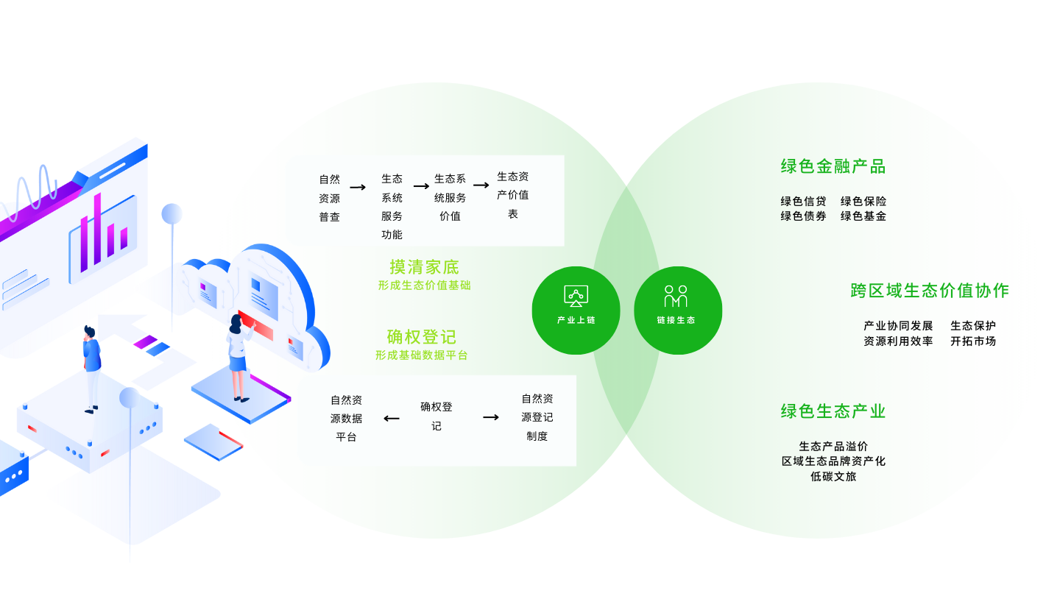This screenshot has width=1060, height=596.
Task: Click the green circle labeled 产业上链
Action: [576, 311]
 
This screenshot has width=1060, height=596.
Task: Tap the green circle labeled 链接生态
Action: [678, 311]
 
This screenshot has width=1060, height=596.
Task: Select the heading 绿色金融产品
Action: [833, 166]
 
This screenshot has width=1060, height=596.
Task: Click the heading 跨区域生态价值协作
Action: [930, 291]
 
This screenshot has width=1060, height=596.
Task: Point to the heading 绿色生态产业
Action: [833, 411]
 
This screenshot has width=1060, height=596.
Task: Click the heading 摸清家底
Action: [424, 267]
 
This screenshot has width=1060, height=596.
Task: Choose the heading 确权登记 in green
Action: [421, 337]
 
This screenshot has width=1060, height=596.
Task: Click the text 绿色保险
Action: [863, 202]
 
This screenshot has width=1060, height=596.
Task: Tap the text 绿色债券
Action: [803, 216]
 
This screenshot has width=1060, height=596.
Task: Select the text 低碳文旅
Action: [833, 476]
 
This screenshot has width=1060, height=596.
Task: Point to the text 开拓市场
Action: [973, 341]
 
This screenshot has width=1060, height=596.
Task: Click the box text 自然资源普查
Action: [329, 198]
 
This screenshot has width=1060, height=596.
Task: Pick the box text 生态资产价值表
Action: [512, 195]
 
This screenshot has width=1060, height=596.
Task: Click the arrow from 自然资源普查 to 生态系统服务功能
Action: [358, 188]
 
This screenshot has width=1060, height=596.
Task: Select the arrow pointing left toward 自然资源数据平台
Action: [392, 418]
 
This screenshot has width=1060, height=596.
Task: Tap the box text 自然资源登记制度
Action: [537, 417]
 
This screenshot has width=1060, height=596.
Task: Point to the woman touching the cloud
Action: [240, 358]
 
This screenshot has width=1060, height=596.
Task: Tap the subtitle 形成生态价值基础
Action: [424, 285]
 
